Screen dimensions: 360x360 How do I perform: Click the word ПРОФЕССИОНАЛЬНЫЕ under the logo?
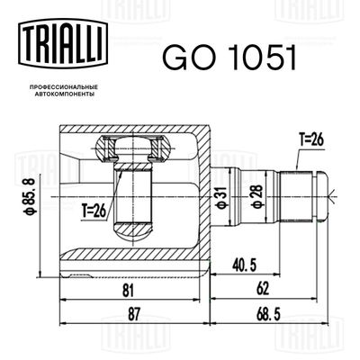coord(58,85)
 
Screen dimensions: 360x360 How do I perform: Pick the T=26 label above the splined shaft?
coord(311,139)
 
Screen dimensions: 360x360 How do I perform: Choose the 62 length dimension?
coord(263,291)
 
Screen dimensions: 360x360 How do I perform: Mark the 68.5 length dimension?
coord(263,316)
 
